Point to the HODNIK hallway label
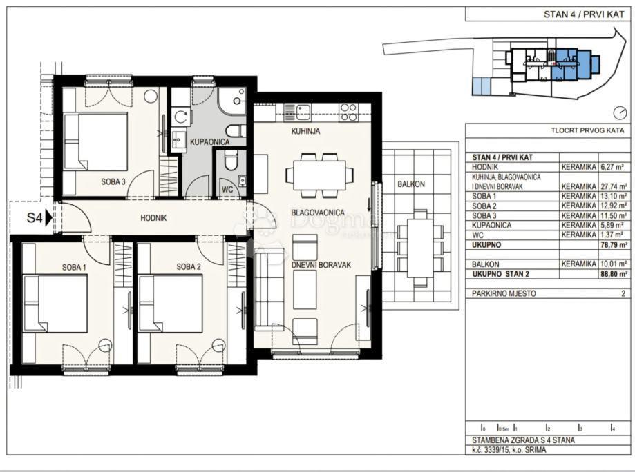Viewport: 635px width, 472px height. (153, 218)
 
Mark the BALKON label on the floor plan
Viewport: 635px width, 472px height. (410, 184)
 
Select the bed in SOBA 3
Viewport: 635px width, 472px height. (96, 141)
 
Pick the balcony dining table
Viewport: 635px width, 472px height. (417, 249)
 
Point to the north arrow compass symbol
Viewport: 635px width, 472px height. (618, 112)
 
